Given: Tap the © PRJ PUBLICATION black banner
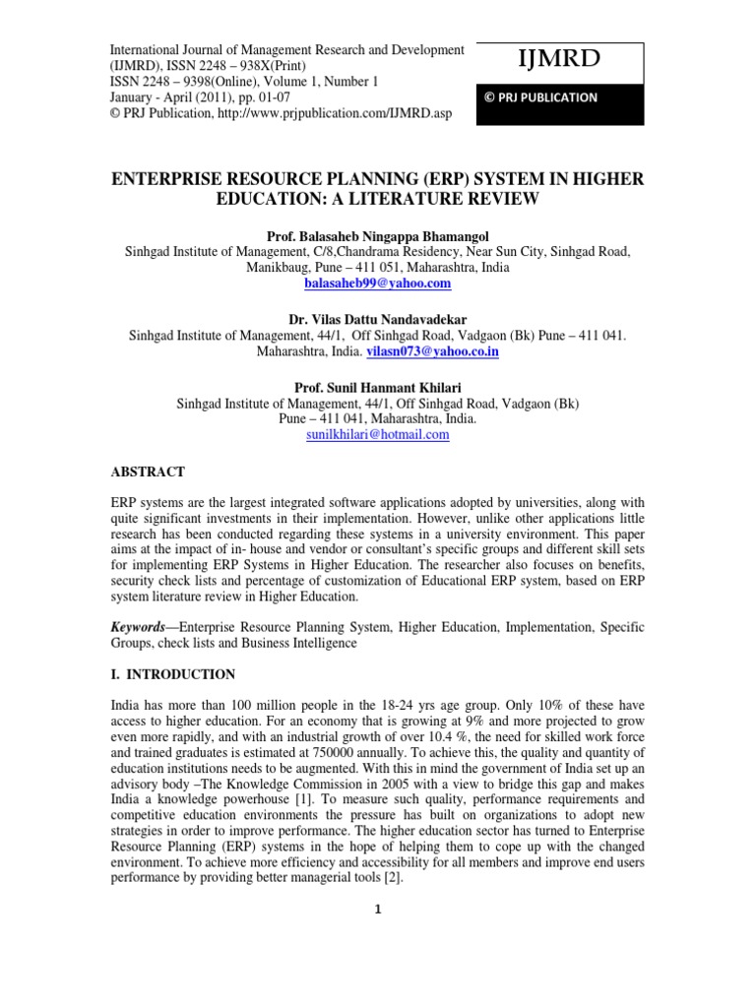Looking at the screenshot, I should click(x=540, y=97).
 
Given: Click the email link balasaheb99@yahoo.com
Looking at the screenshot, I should click(x=378, y=283).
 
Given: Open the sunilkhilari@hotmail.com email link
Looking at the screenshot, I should click(x=378, y=434).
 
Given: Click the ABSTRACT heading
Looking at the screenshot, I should click(x=148, y=472).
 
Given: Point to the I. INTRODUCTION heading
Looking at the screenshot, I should click(x=172, y=674).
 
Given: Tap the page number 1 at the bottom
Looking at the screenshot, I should click(x=378, y=909).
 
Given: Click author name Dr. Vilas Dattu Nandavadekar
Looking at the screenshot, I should click(x=378, y=320).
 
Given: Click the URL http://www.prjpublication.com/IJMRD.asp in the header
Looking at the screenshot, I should click(x=331, y=113).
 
